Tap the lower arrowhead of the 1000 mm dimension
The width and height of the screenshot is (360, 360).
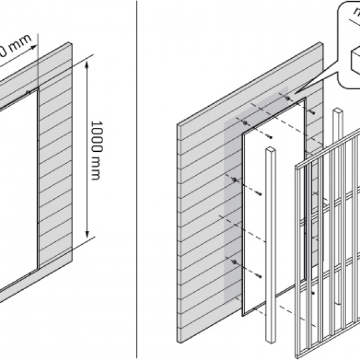89,235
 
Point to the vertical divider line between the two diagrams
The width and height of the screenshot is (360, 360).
137,180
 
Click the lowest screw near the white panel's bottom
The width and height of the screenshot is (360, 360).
259,275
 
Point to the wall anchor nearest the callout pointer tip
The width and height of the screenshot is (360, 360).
288,98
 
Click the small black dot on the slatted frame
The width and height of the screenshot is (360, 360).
313,292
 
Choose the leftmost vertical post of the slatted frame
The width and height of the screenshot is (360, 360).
297,264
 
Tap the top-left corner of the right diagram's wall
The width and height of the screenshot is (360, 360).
178,125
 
